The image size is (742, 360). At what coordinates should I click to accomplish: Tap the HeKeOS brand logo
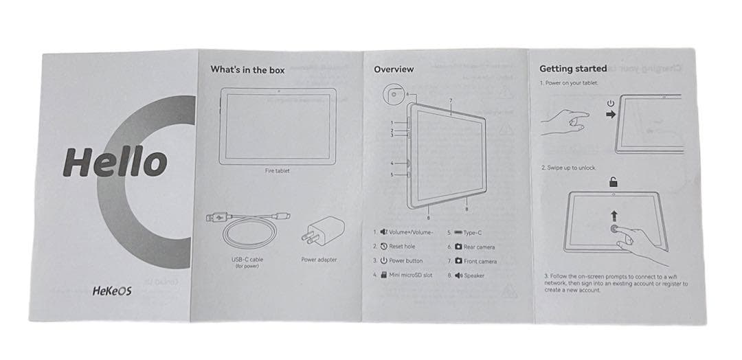pos(112,291)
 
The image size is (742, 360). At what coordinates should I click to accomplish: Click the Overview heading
pos(394,69)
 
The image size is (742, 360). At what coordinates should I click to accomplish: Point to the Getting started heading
pos(572,69)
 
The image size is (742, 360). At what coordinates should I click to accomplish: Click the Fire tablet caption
pos(277,170)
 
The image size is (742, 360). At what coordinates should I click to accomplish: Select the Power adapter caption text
pos(319,260)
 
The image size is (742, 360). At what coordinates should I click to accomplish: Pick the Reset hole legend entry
pos(398,246)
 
